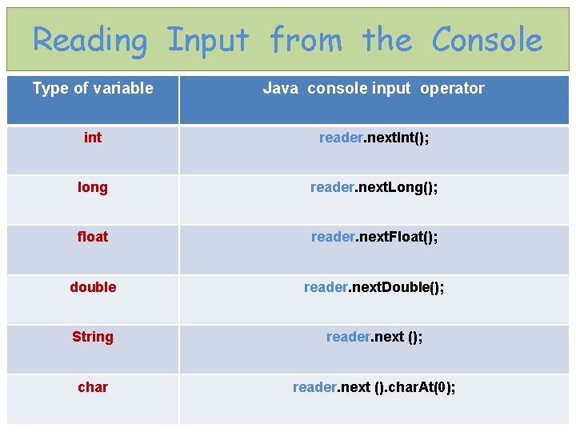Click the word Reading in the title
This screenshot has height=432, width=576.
[x=90, y=39]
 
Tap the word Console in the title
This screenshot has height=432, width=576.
[x=487, y=39]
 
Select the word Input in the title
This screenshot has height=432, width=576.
[x=208, y=39]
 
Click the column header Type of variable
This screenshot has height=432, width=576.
[x=93, y=88]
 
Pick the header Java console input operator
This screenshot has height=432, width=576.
[x=374, y=88]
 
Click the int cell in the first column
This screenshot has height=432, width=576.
[x=93, y=138]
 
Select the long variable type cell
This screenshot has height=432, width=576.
[x=93, y=187]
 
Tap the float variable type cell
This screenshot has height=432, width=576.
[x=93, y=237]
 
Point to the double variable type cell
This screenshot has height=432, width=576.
[x=93, y=287]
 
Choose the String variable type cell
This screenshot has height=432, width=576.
[x=93, y=337]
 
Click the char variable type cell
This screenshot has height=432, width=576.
[x=93, y=387]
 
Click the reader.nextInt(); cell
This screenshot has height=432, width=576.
[x=374, y=138]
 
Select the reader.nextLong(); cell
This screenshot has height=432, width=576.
[x=374, y=187]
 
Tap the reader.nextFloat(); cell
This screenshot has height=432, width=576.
[x=374, y=237]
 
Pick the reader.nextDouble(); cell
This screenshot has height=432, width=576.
[x=374, y=287]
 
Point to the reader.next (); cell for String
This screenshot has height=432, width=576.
[x=374, y=337]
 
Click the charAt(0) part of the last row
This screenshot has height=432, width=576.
[x=422, y=387]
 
